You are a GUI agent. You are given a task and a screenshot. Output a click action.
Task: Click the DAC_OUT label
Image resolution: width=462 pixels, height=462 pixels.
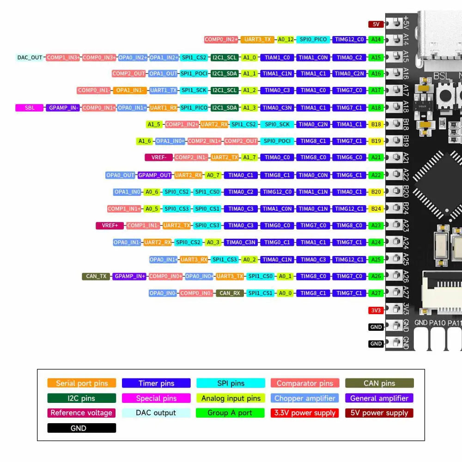tap(30, 58)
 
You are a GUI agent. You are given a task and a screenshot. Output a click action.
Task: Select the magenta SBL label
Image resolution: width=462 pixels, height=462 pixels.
tap(30, 108)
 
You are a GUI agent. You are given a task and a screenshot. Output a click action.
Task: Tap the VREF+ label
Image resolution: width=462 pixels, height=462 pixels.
tap(110, 225)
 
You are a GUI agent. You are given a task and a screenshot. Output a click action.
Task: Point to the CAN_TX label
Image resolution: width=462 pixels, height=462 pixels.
tap(96, 276)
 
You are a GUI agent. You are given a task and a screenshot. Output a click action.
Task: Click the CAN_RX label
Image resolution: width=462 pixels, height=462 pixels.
tap(230, 293)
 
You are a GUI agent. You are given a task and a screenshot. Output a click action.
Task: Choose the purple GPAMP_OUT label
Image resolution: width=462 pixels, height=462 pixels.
tap(155, 175)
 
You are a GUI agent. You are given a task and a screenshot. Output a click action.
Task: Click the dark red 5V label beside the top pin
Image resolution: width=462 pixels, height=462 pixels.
tap(376, 24)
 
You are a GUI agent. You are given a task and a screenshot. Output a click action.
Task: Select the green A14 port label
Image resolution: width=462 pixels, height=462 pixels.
tap(376, 40)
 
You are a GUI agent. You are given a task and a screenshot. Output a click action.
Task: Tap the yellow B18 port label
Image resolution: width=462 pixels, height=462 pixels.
tap(376, 124)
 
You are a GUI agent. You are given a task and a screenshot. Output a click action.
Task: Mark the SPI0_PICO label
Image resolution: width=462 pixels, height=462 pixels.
tap(313, 40)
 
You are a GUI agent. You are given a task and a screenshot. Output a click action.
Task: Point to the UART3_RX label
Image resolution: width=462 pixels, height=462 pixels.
tap(194, 259)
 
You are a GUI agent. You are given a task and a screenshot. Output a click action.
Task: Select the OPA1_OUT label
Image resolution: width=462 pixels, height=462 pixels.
tap(163, 73)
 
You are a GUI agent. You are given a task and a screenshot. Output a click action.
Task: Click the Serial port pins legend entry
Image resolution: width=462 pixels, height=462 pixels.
tap(82, 383)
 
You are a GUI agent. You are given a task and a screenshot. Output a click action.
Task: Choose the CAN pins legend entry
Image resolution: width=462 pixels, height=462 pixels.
tap(379, 383)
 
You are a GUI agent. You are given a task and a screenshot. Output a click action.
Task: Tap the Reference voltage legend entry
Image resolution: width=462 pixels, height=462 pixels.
tap(82, 413)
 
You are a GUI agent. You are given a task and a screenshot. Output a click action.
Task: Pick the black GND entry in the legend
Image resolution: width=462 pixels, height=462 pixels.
tap(82, 428)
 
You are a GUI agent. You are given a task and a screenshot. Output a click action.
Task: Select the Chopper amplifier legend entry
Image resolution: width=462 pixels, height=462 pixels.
tap(305, 398)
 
